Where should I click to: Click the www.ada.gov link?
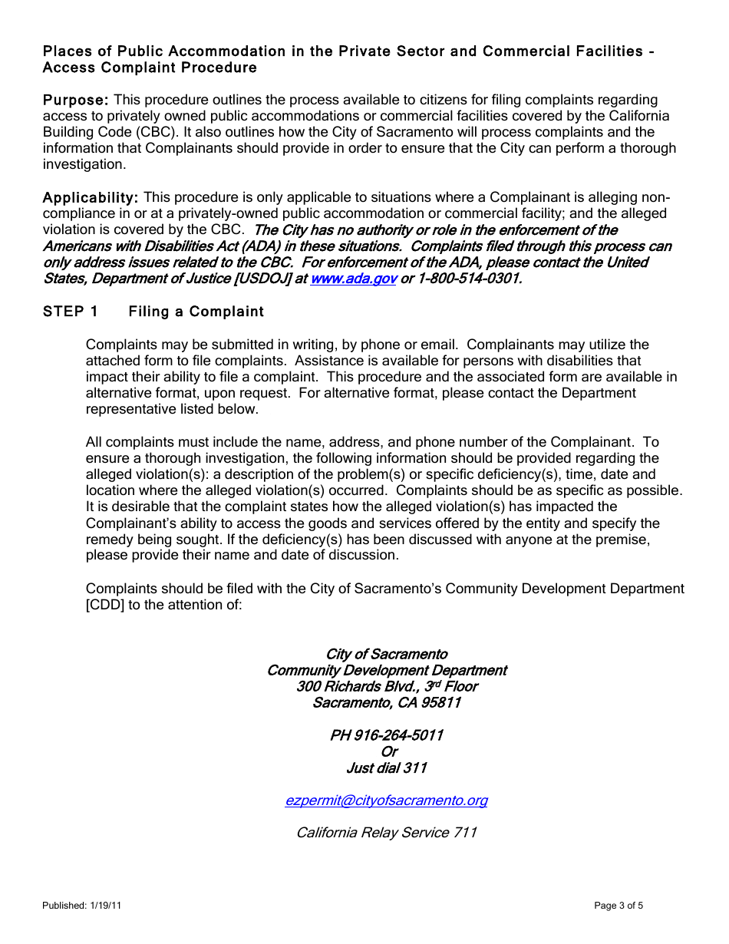pos(353,279)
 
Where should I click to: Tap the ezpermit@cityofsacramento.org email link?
pos(386,800)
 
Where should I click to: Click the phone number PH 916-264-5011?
pos(386,735)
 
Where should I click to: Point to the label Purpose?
pos(75,100)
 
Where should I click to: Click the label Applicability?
pos(90,198)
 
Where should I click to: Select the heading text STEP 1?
pos(71,312)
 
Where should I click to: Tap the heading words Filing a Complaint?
pos(196,312)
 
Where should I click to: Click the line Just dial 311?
pos(386,767)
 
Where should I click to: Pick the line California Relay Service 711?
pos(386,833)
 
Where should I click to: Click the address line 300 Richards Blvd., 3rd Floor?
pos(386,686)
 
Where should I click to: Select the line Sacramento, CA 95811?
pos(386,702)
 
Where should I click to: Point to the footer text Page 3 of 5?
pos(618,906)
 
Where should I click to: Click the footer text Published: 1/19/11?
pos(82,906)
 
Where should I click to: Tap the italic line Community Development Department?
pos(386,670)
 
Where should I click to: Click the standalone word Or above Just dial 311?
pos(389,751)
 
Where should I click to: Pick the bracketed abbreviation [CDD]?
pos(105,605)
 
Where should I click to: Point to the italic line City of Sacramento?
pos(386,654)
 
